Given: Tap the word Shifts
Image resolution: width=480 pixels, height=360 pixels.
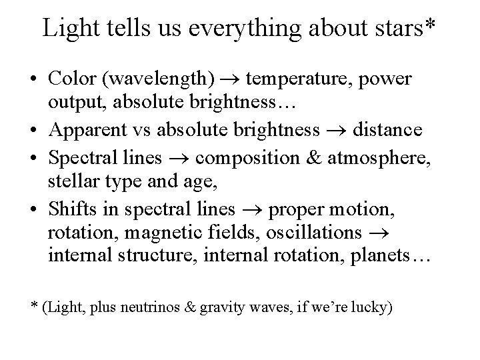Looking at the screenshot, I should tap(69, 209).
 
